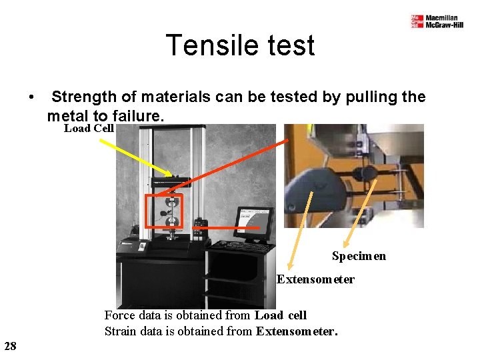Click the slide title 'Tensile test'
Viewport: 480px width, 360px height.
coord(239,46)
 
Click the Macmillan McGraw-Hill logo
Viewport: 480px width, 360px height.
coord(437,21)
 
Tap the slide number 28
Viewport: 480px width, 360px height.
coord(10,345)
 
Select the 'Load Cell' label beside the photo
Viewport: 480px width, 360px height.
coord(89,128)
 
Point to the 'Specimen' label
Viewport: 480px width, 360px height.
coord(359,256)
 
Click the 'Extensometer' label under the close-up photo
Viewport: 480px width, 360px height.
coord(315,279)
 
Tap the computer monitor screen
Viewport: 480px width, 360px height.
coord(255,222)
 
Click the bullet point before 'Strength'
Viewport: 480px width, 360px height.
coord(31,97)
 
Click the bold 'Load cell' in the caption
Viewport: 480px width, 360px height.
coord(281,315)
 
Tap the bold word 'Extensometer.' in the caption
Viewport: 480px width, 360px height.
coord(297,331)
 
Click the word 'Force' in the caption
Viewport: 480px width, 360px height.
coord(118,315)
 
